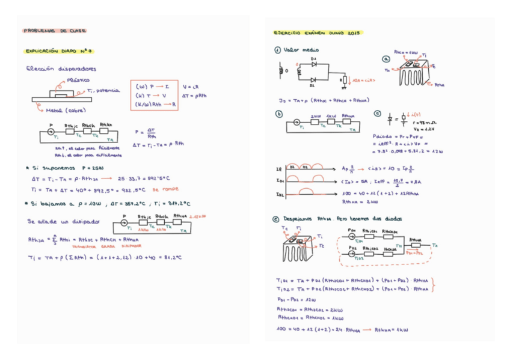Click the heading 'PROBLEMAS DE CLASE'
pyautogui.click(x=55, y=31)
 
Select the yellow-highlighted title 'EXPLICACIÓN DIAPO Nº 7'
pyautogui.click(x=59, y=52)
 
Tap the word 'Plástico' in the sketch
pyautogui.click(x=78, y=79)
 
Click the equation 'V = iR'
pyautogui.click(x=191, y=87)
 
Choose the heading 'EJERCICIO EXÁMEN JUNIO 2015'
pyautogui.click(x=316, y=34)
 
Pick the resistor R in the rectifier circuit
pyautogui.click(x=343, y=78)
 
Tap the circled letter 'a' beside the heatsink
pyautogui.click(x=386, y=59)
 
